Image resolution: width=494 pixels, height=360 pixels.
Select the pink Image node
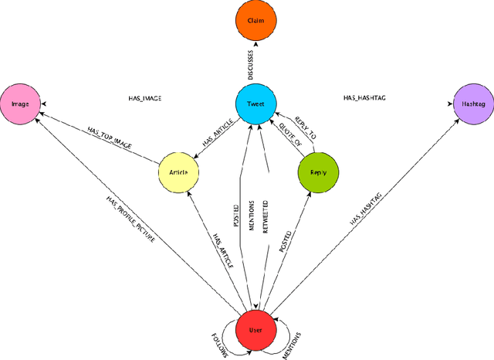tap(21, 102)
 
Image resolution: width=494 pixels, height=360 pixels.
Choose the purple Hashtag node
tap(470, 102)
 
